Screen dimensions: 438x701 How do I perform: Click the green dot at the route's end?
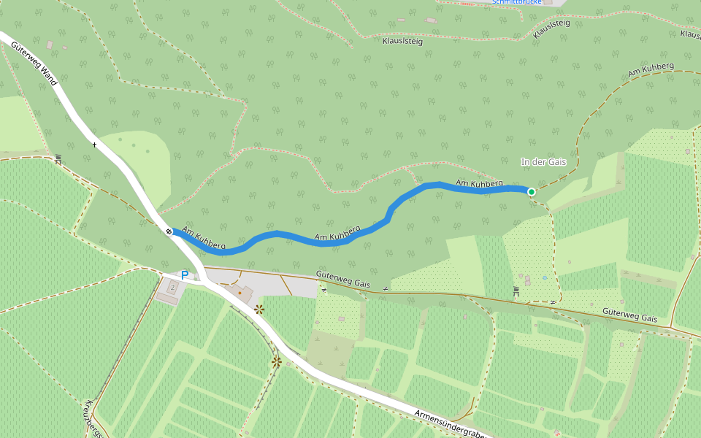click(532, 192)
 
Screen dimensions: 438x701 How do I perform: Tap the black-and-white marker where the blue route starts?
click(169, 231)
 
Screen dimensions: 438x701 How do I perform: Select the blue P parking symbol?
click(185, 275)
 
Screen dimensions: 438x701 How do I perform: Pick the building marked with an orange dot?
click(240, 293)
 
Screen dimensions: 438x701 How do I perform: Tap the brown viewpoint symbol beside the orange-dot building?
click(258, 310)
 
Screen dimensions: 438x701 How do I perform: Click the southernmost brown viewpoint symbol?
click(276, 361)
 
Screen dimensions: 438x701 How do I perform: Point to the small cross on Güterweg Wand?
click(94, 145)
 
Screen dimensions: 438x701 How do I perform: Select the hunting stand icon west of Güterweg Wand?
click(58, 158)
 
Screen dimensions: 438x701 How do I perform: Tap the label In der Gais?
click(543, 161)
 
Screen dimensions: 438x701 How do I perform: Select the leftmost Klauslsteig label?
click(402, 42)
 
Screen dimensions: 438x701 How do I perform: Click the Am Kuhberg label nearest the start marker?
click(204, 239)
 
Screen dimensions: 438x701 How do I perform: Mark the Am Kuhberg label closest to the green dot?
click(479, 183)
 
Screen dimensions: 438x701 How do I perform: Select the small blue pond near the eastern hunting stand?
click(545, 277)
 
